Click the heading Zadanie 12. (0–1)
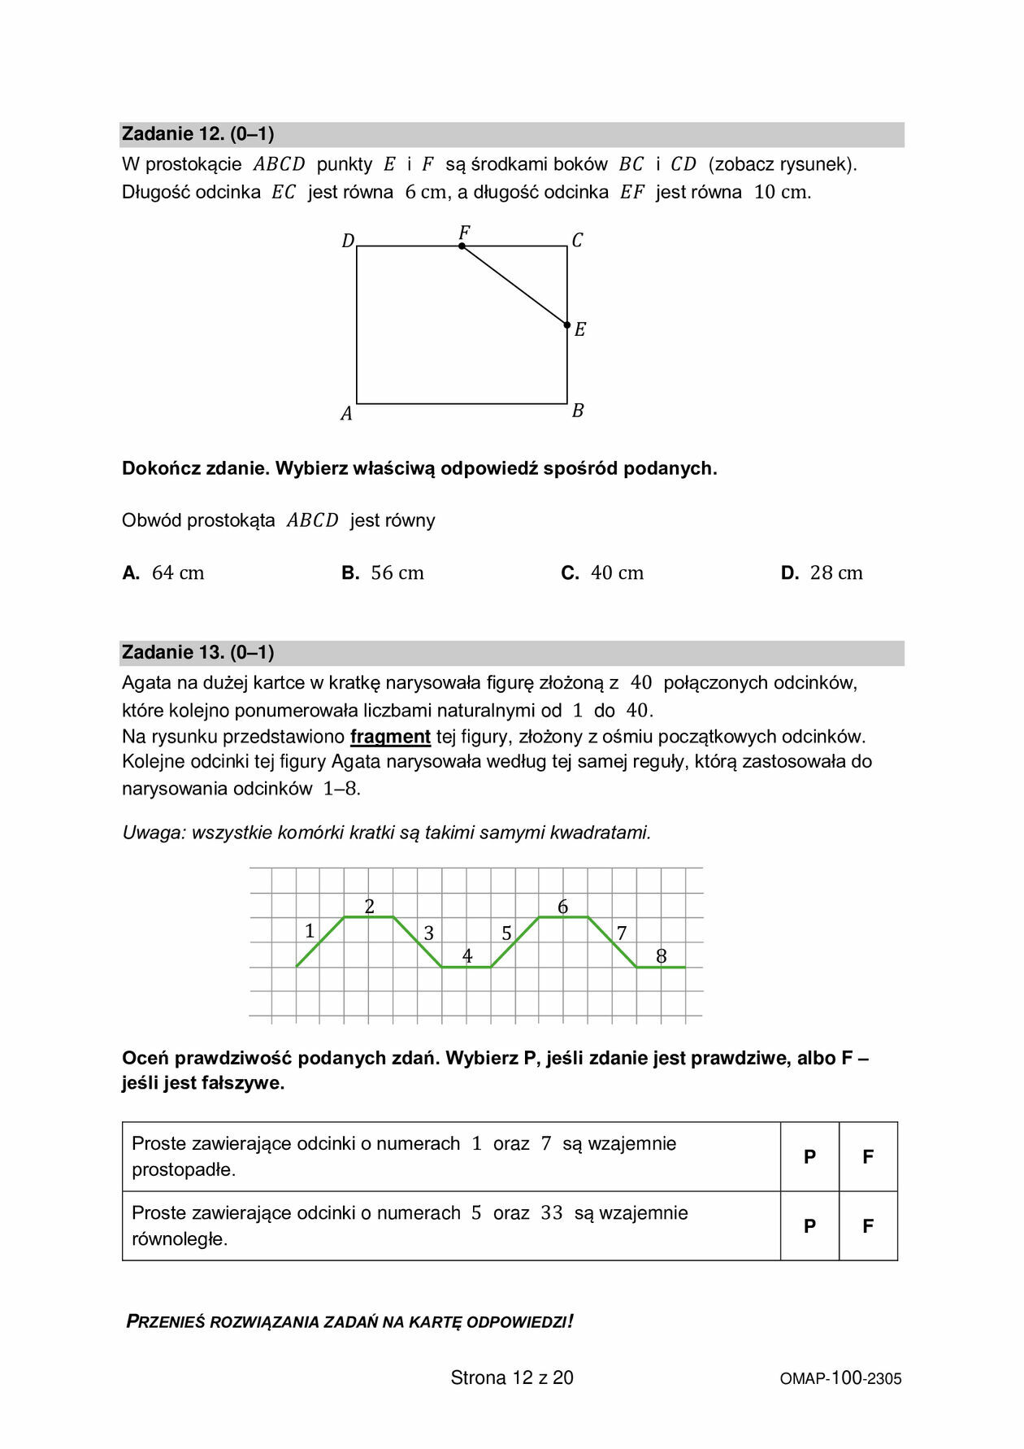(197, 134)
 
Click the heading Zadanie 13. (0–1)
(197, 652)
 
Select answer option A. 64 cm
(163, 573)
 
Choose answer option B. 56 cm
(383, 573)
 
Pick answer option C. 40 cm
(602, 573)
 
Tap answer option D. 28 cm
(822, 573)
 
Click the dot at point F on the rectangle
(462, 246)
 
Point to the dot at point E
(567, 324)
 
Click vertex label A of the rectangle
(346, 414)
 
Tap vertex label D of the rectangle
(348, 241)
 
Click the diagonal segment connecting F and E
(514, 285)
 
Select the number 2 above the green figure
(370, 907)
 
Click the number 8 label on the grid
(661, 956)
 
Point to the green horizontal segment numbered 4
(466, 967)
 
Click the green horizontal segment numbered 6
(563, 917)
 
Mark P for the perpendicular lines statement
(809, 1157)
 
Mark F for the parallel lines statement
(868, 1226)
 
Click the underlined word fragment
(390, 737)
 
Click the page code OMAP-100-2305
(840, 1378)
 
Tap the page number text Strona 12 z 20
(512, 1377)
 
